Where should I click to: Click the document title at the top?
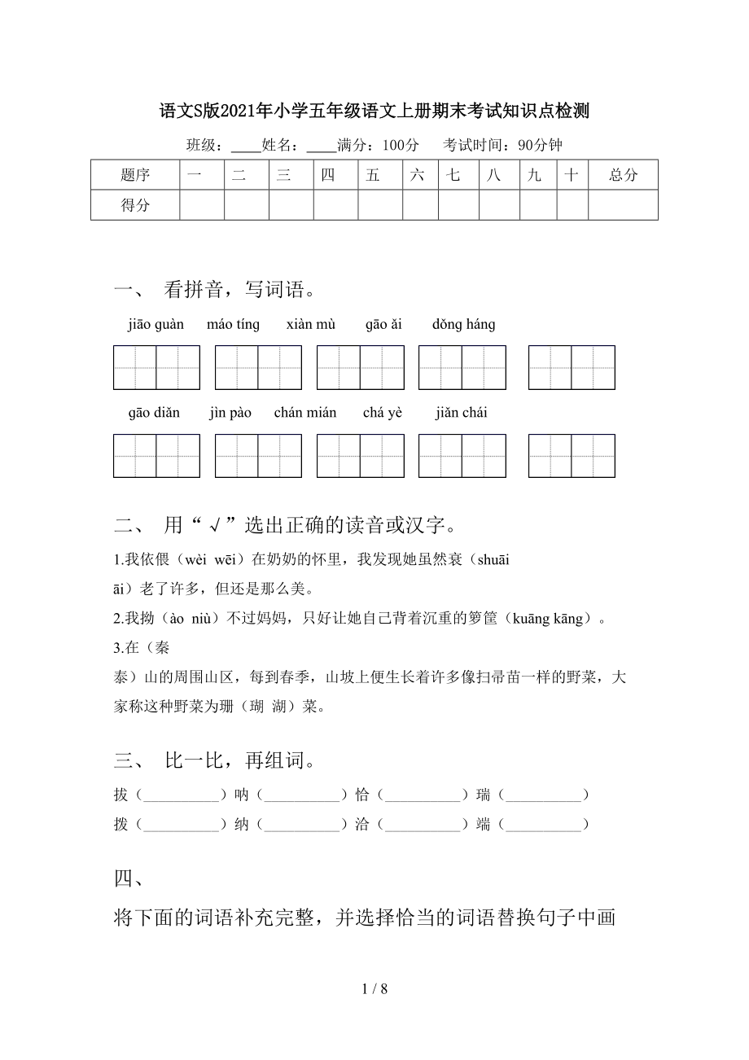374,112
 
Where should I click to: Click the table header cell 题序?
135,174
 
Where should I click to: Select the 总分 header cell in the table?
623,174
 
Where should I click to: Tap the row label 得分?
135,205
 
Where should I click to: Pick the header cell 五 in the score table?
373,174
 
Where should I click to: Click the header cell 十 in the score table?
572,174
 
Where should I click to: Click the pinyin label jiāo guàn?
155,325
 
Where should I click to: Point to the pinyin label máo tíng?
233,325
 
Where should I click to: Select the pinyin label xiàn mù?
311,325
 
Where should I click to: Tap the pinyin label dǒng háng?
463,325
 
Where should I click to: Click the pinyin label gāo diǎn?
154,413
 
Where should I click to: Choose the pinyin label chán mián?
305,413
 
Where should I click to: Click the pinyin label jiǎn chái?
461,413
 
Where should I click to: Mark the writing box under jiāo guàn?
156,368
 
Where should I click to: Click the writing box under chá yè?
462,456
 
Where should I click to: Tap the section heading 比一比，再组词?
239,761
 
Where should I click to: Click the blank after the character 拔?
177,795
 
